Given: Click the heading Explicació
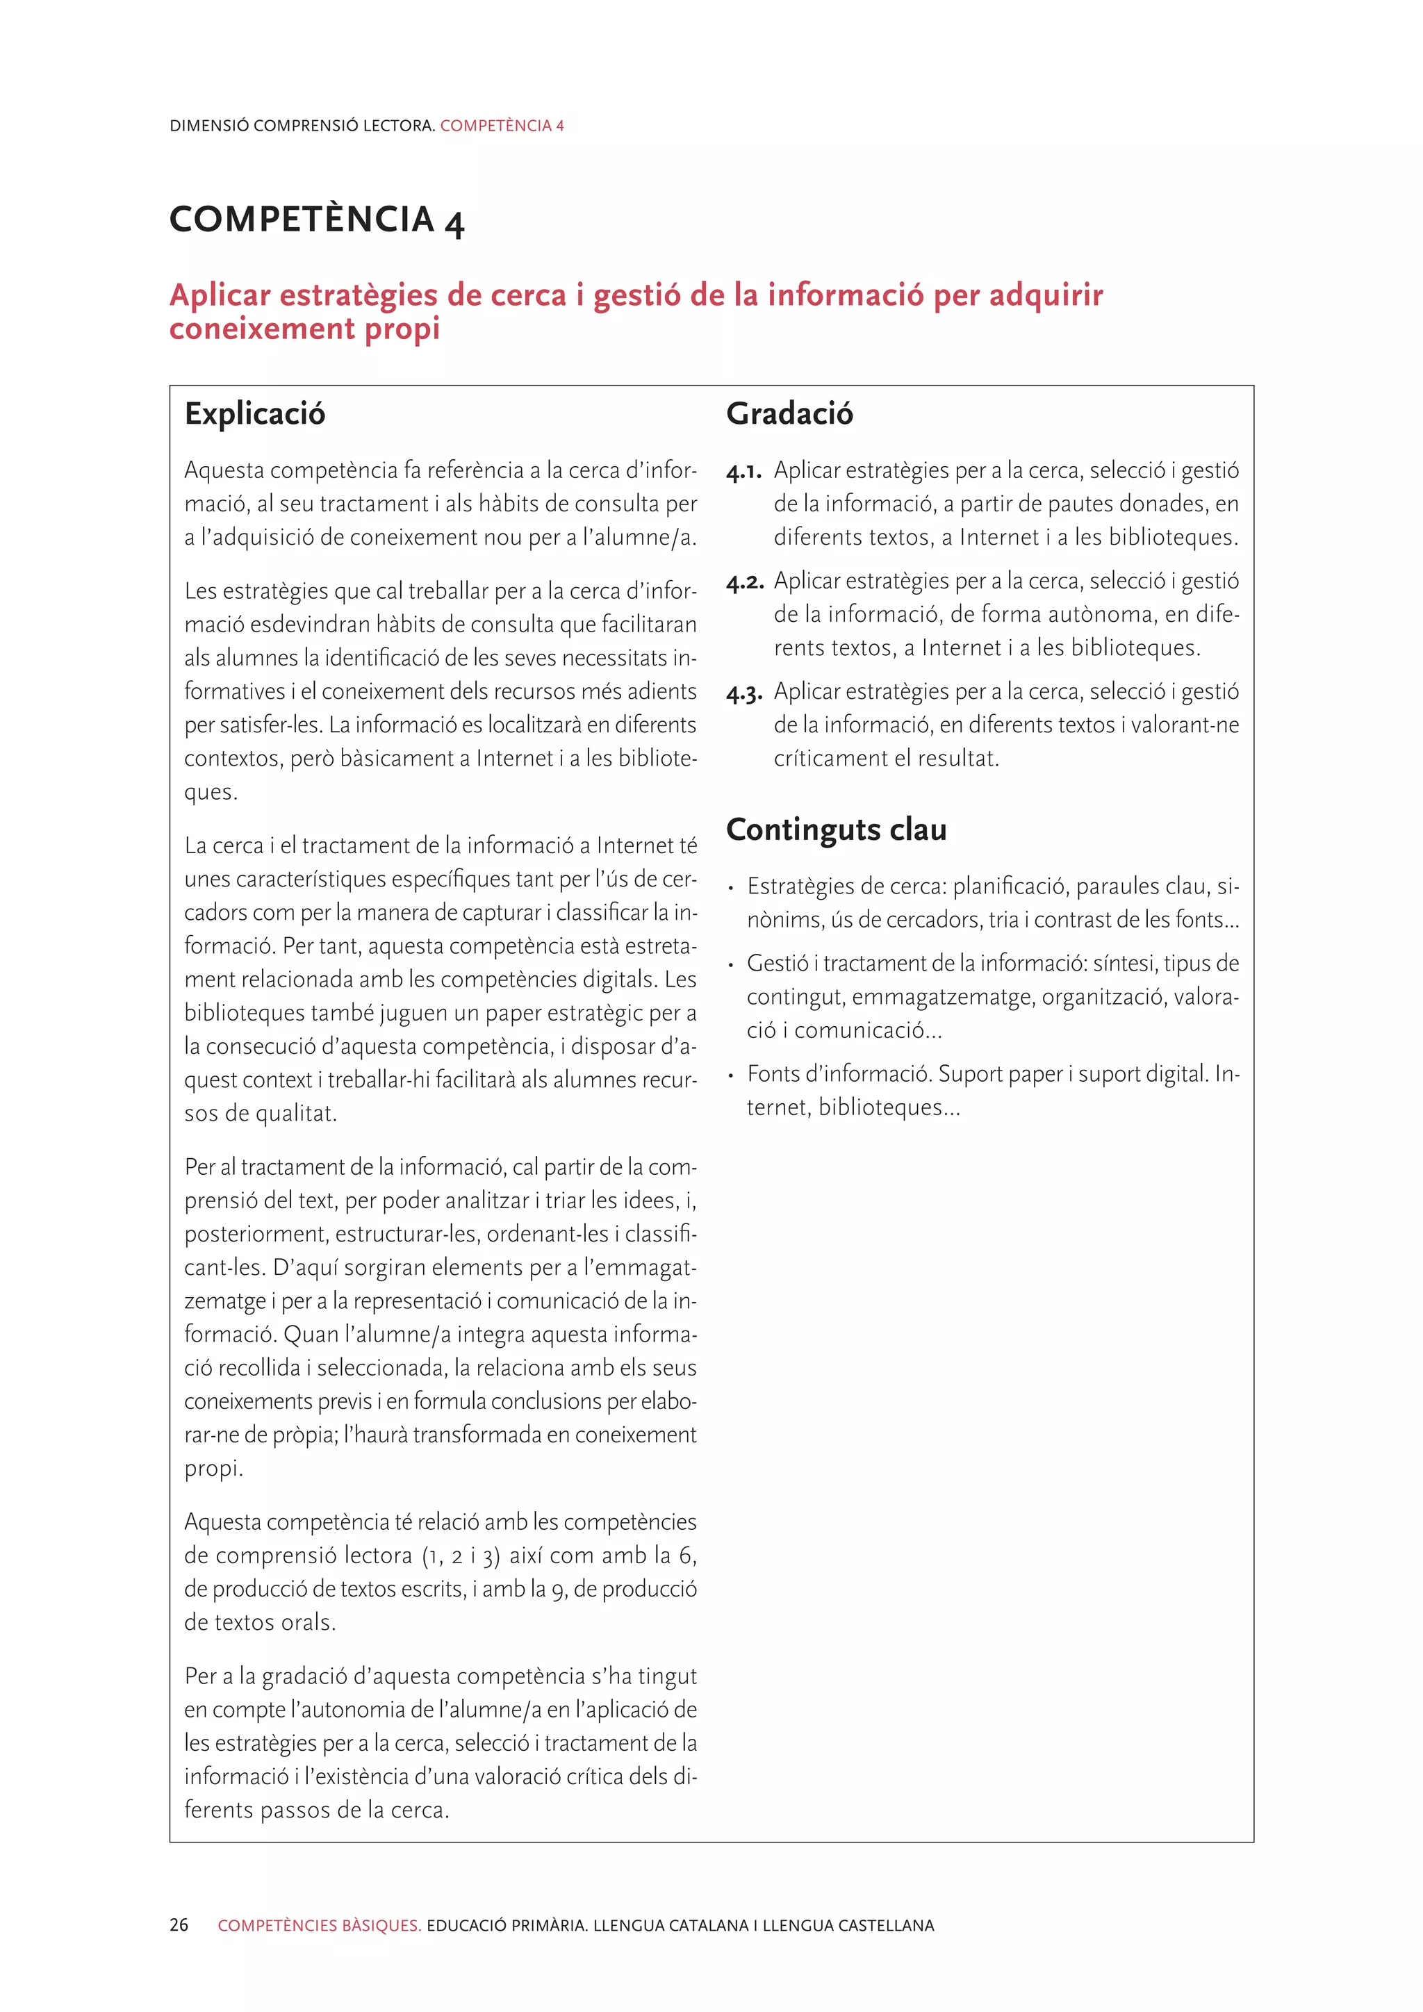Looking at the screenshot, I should click(254, 413).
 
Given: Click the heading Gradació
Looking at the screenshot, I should click(789, 413).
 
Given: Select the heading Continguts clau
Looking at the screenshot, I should click(836, 829).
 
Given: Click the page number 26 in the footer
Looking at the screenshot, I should click(179, 1925).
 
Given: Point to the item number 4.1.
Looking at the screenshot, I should click(744, 472).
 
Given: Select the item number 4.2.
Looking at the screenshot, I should click(745, 583).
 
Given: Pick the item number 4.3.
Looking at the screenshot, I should click(745, 693).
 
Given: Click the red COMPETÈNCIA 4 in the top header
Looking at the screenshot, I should click(501, 125).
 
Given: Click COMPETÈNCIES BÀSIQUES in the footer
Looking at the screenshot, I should click(319, 1925).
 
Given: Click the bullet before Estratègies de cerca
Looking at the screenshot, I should click(731, 889).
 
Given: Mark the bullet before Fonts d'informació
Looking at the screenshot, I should click(731, 1076).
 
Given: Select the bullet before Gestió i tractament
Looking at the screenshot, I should click(731, 966).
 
